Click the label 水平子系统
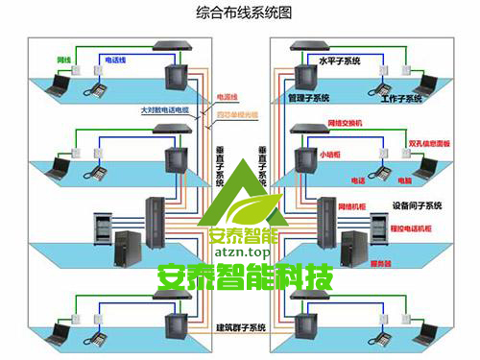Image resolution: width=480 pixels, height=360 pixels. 339,61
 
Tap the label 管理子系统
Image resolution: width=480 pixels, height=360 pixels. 307,98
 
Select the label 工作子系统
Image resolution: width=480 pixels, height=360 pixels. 400,98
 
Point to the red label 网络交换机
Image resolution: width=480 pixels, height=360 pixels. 347,123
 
